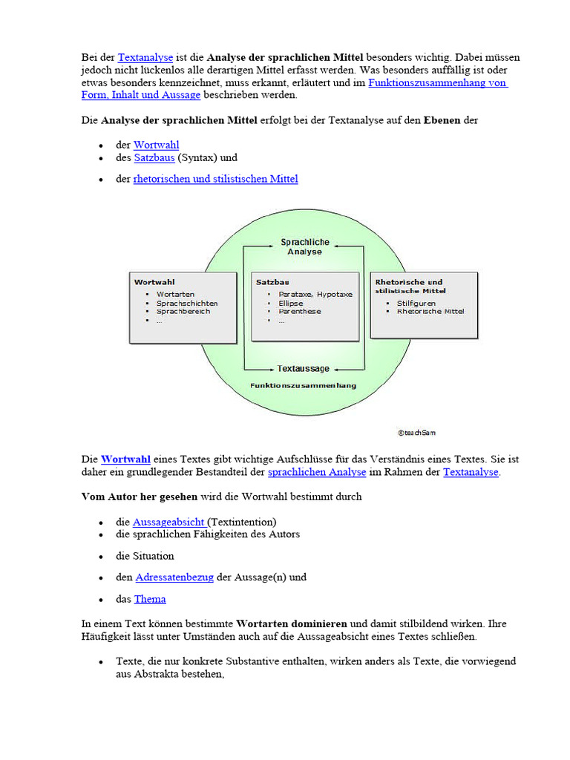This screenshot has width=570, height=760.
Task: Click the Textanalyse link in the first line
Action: click(145, 57)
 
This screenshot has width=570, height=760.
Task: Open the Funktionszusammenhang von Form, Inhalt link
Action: click(438, 82)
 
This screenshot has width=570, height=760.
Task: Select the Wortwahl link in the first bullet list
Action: click(156, 145)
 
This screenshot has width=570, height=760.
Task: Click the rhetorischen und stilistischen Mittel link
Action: click(215, 179)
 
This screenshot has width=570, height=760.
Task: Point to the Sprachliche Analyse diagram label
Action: click(305, 247)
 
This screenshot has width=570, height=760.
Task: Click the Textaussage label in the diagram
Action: click(304, 368)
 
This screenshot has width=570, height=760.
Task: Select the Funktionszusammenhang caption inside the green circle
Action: click(303, 385)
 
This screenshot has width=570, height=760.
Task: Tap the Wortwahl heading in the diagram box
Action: click(154, 282)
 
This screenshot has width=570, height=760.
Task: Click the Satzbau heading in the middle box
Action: click(272, 282)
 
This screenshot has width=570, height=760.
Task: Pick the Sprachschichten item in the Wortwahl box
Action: click(187, 303)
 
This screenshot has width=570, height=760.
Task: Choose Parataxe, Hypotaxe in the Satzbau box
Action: click(310, 294)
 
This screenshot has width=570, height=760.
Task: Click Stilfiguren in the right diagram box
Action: click(416, 303)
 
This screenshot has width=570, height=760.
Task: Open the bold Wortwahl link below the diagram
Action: click(125, 459)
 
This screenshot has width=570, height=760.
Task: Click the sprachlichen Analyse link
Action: click(317, 472)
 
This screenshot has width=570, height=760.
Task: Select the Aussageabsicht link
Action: click(170, 522)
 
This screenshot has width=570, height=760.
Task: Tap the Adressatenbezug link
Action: click(174, 577)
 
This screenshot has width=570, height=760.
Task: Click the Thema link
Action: click(150, 599)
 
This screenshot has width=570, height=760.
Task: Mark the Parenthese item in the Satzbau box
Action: click(300, 312)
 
